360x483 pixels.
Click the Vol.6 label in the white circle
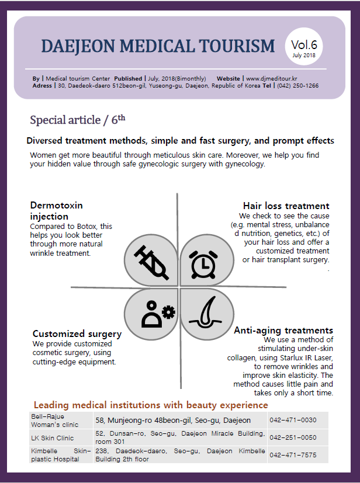tap(304, 45)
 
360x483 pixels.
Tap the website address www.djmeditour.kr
tap(272, 78)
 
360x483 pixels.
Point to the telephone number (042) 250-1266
tap(297, 86)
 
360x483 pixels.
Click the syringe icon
tap(151, 262)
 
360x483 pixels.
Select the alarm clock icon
tap(203, 265)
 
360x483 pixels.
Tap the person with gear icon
tap(158, 314)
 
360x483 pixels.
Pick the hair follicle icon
tap(205, 312)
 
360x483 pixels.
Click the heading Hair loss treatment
tap(286, 206)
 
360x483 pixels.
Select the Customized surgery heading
tap(77, 334)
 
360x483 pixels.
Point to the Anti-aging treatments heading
tap(283, 330)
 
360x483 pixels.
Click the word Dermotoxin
tap(57, 205)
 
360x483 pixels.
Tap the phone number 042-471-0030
tap(293, 420)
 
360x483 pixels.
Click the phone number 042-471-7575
tap(293, 455)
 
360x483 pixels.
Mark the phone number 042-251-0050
tap(293, 437)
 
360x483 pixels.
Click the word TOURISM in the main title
tap(237, 46)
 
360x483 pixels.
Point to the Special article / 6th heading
tap(78, 120)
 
